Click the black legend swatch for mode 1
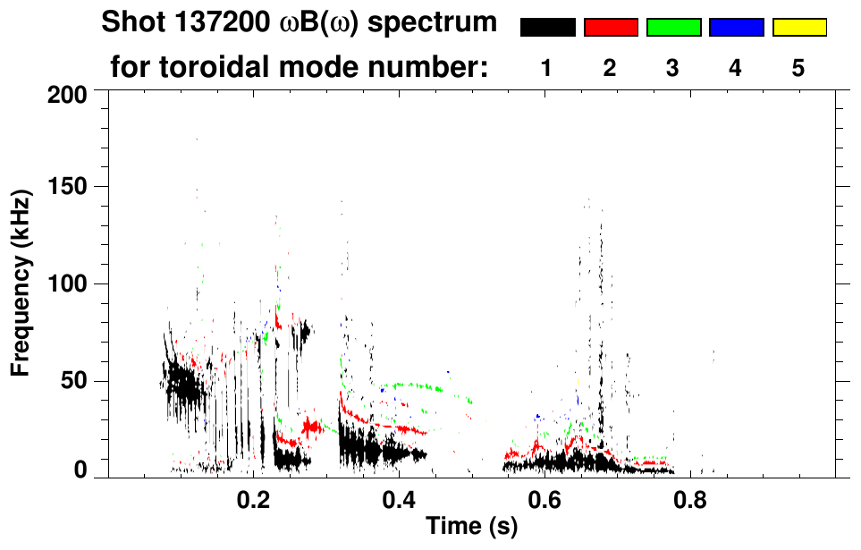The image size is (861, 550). tap(547, 28)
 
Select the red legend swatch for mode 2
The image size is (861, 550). tap(611, 28)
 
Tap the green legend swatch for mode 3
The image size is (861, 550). tap(673, 28)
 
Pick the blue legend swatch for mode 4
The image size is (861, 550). tap(736, 28)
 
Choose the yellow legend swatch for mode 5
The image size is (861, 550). tap(798, 28)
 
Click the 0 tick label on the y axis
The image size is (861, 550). tap(80, 471)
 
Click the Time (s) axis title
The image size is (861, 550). tap(471, 527)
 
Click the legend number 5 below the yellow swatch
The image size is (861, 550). tap(798, 69)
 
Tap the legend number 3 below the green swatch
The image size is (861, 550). tap(672, 69)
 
